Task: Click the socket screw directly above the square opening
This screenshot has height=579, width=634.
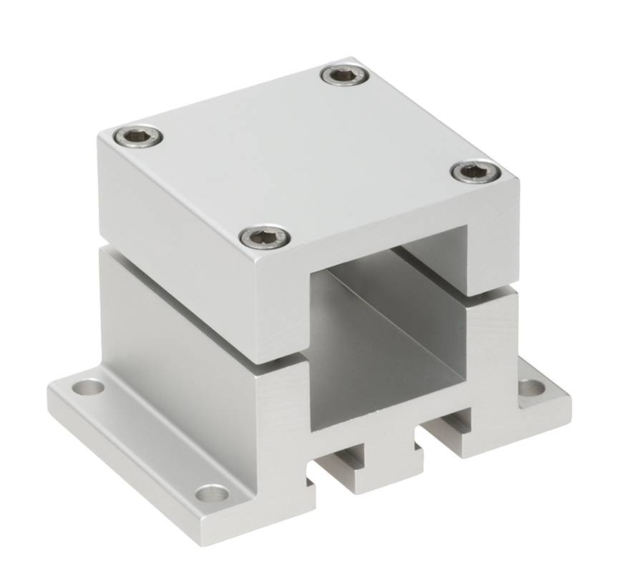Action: pyautogui.click(x=265, y=236)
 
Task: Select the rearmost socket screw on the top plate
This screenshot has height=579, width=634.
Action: pyautogui.click(x=346, y=75)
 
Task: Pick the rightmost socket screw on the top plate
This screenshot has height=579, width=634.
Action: pyautogui.click(x=475, y=171)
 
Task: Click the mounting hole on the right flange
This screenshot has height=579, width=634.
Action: pyautogui.click(x=531, y=388)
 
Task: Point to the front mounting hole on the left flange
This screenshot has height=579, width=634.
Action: pyautogui.click(x=212, y=492)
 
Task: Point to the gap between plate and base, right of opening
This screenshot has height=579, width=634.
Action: pyautogui.click(x=494, y=291)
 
